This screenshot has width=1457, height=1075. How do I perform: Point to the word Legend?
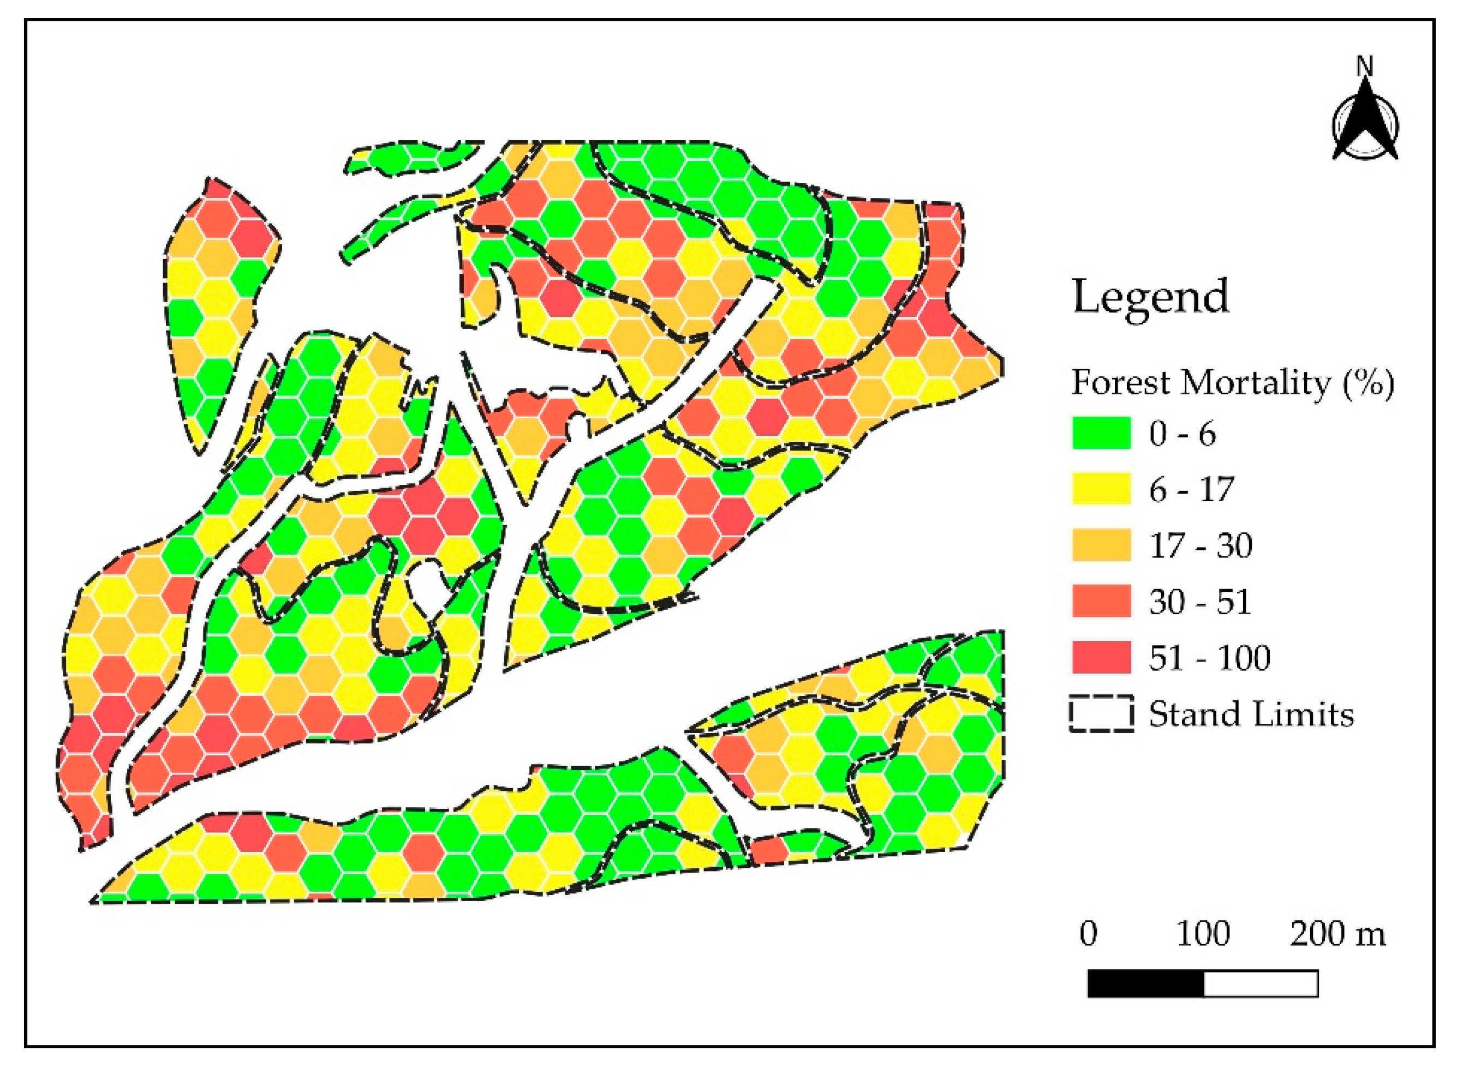pyautogui.click(x=1150, y=298)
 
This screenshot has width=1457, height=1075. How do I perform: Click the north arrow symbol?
pyautogui.click(x=1365, y=127)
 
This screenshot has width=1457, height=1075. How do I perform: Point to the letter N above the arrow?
pyautogui.click(x=1365, y=67)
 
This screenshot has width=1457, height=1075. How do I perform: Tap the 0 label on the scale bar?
pyautogui.click(x=1089, y=934)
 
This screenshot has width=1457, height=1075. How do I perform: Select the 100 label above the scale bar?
pyautogui.click(x=1203, y=934)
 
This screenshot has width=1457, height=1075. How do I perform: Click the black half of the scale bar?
pyautogui.click(x=1146, y=984)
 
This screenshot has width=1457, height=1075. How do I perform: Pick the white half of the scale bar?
pyautogui.click(x=1261, y=984)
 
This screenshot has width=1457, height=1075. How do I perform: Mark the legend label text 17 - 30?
pyautogui.click(x=1201, y=546)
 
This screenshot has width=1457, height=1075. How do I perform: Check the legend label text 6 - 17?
pyautogui.click(x=1191, y=490)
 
